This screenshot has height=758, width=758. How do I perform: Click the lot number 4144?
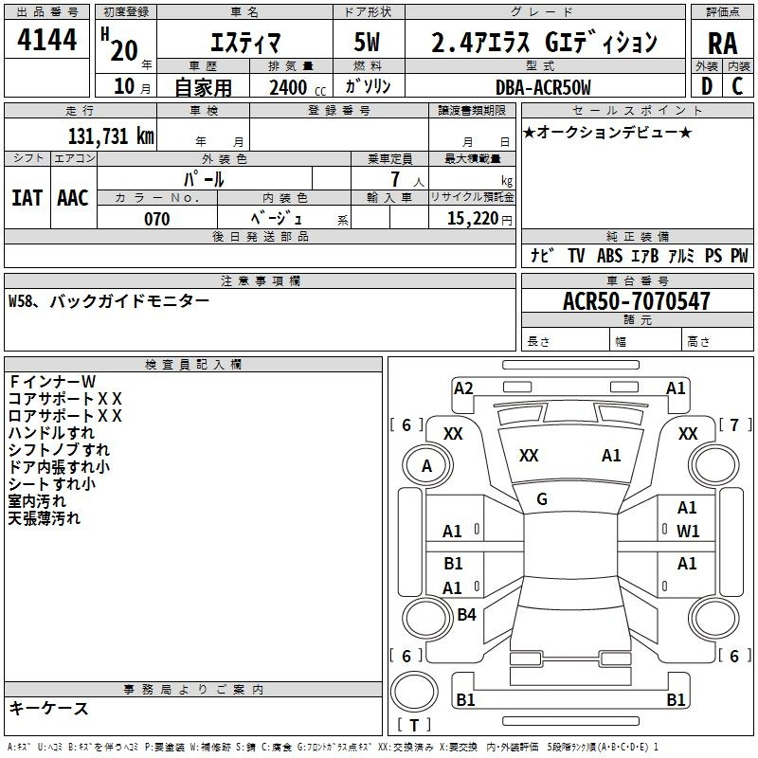[46, 39]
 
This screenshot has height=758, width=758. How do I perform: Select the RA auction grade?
[722, 44]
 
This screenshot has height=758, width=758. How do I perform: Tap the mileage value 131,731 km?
[111, 135]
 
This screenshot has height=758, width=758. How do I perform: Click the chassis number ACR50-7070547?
[637, 300]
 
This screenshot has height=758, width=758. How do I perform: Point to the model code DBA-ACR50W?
[543, 87]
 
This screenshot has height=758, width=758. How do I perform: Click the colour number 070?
[157, 219]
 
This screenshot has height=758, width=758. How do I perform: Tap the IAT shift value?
[27, 198]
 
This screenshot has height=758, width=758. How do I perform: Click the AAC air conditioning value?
[73, 198]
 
